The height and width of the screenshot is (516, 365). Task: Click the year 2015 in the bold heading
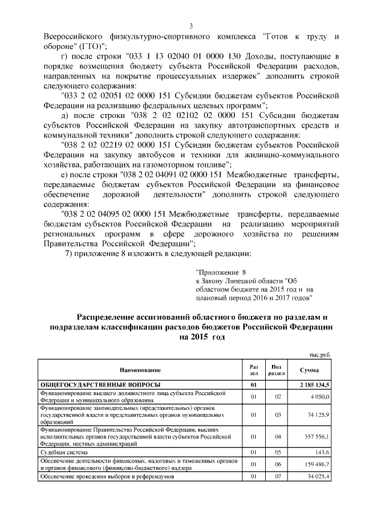click(201, 337)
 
